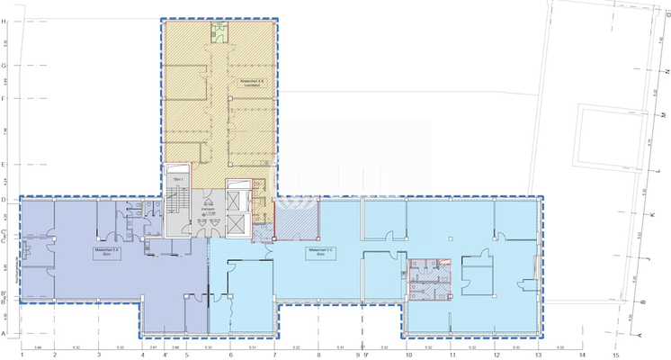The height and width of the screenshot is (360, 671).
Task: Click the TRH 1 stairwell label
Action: (178, 181)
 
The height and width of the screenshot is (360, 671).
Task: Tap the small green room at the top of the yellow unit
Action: (219, 32)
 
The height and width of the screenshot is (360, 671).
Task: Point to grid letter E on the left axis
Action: (4, 165)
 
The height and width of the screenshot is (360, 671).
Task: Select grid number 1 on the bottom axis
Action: (22, 355)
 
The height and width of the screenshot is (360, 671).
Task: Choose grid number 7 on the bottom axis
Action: (274, 355)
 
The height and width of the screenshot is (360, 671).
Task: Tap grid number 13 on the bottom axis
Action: (539, 355)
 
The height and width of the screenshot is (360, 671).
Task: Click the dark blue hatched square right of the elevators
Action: (296, 219)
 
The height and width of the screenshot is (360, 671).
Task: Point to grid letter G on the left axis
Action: (4, 65)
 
